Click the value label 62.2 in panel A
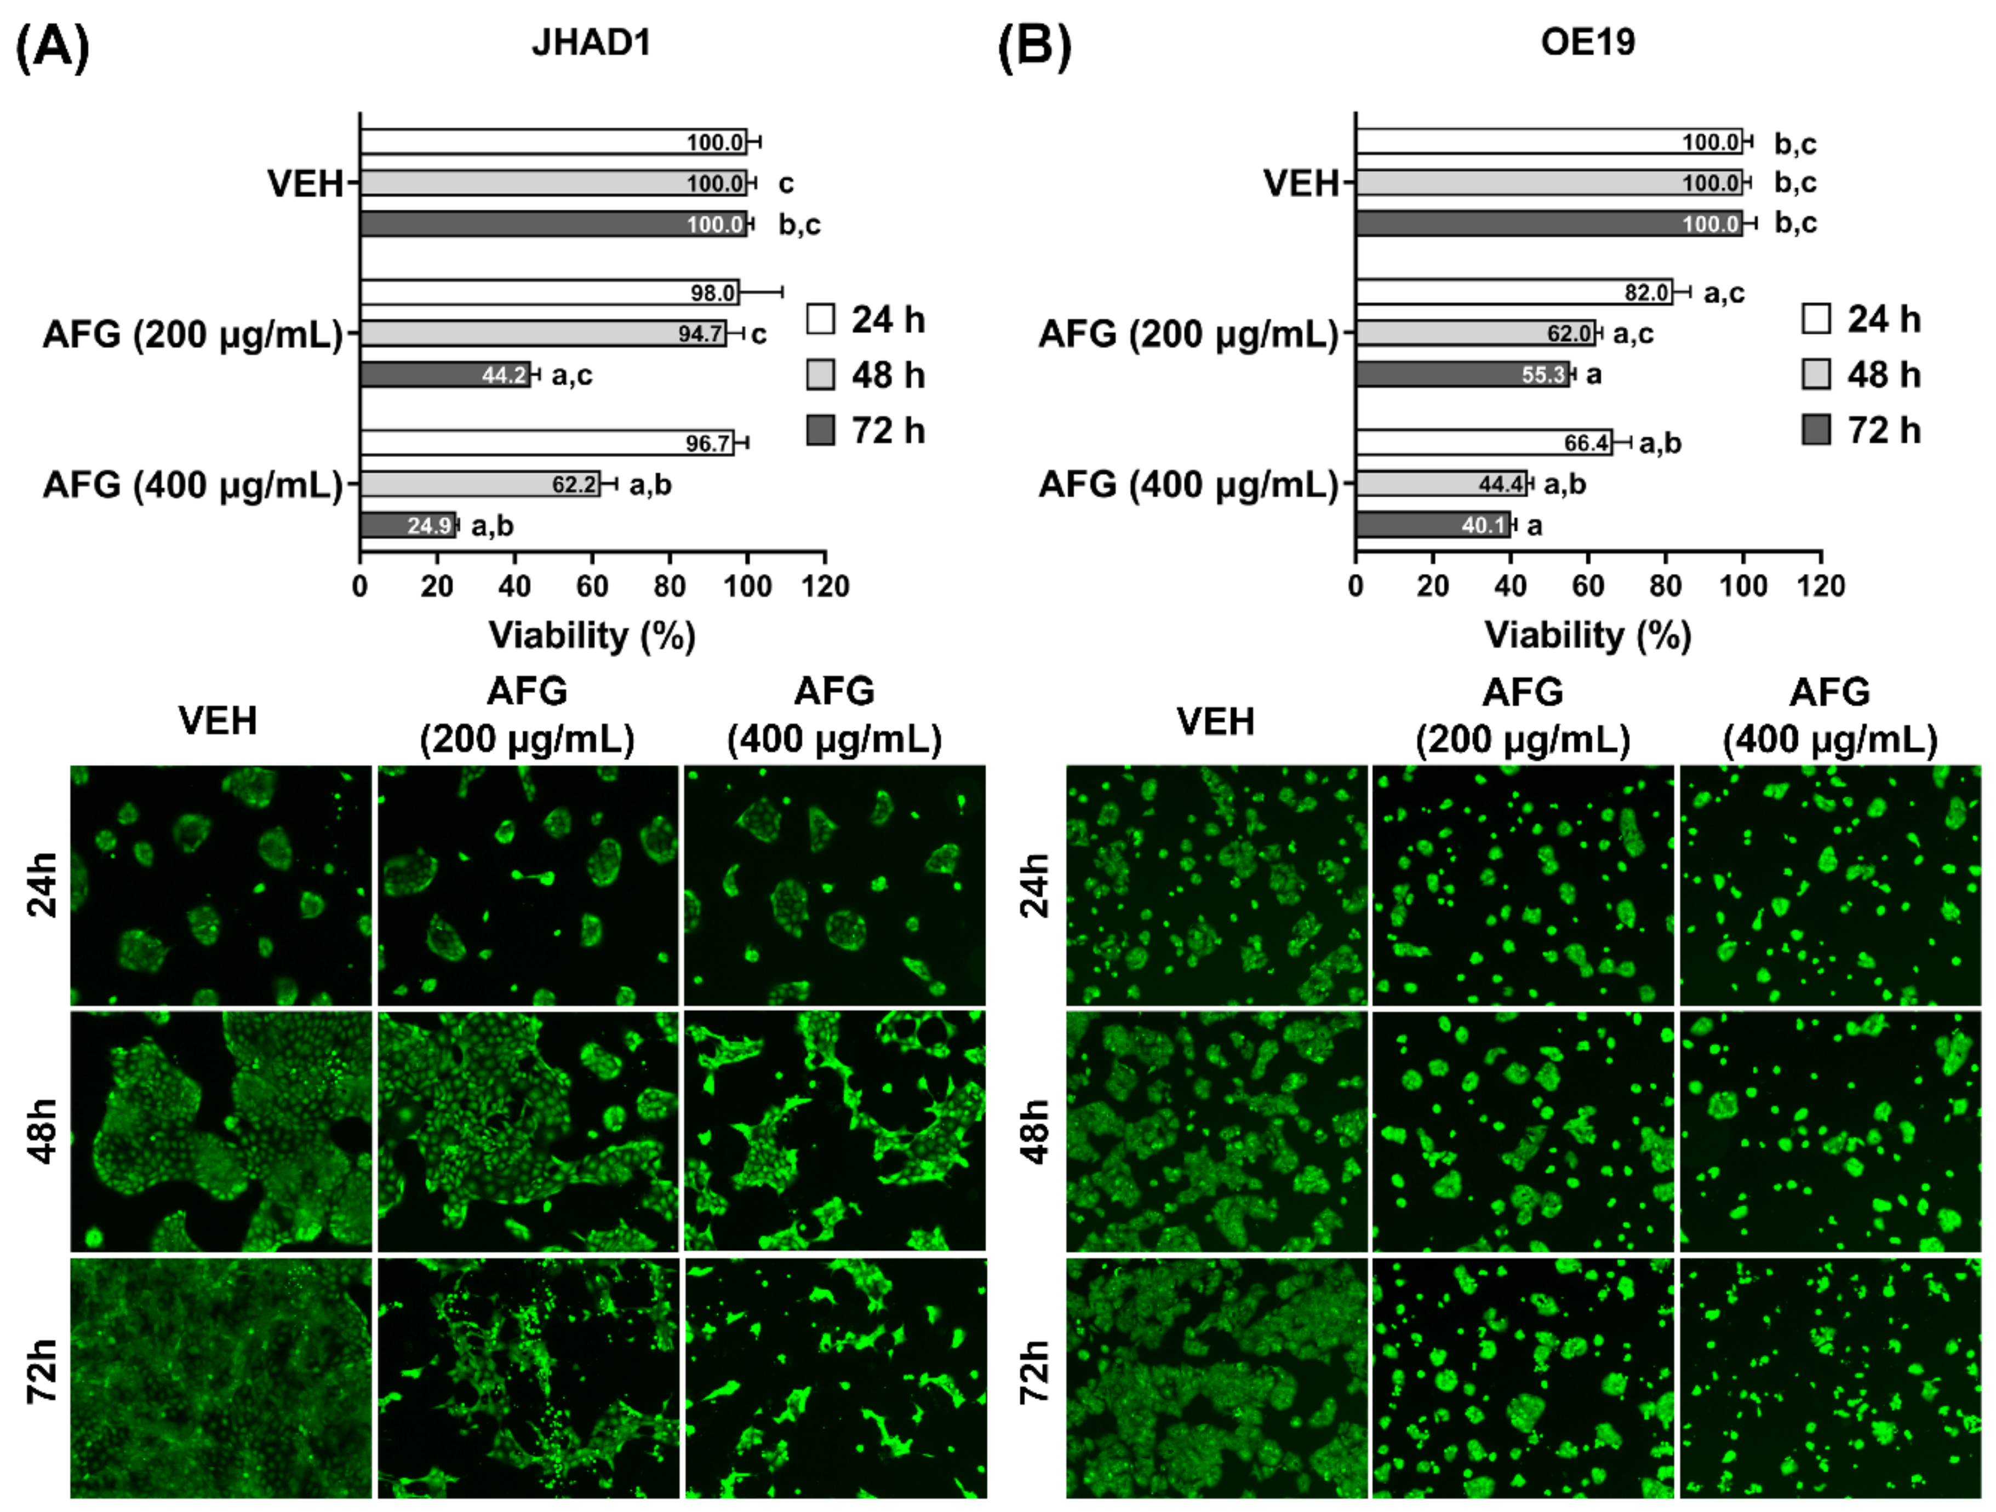coord(574,485)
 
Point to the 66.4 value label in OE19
coord(1586,443)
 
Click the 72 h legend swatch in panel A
coord(820,430)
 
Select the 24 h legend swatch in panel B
coord(1816,319)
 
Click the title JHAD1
coord(591,42)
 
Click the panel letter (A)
coord(53,47)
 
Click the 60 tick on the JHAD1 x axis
coord(592,587)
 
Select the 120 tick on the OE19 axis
coord(1821,587)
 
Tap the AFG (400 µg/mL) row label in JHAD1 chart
coord(192,485)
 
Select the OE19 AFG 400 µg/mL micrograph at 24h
coord(1830,885)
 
